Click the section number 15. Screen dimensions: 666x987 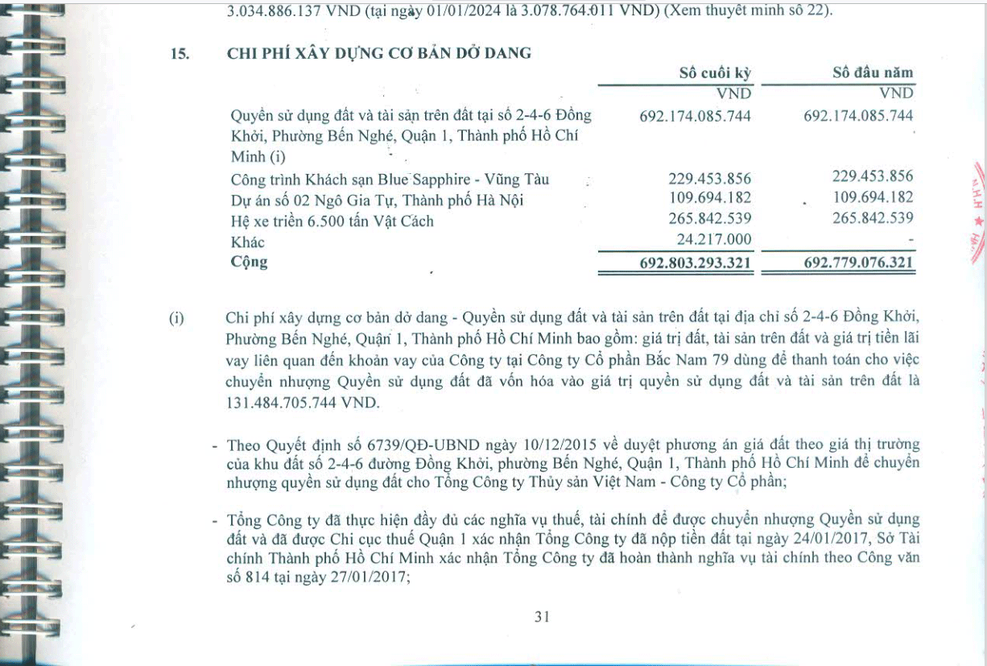click(x=179, y=54)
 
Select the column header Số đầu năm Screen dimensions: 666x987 click(x=873, y=72)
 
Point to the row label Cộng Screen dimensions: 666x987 click(x=249, y=262)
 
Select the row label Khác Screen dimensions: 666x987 click(x=247, y=242)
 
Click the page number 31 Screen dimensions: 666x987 click(x=541, y=617)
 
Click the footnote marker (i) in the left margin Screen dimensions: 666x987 click(x=177, y=318)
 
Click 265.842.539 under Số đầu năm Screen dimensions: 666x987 click(x=873, y=219)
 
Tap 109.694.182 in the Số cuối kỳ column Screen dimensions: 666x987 click(x=709, y=198)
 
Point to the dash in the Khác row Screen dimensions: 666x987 click(x=909, y=241)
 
